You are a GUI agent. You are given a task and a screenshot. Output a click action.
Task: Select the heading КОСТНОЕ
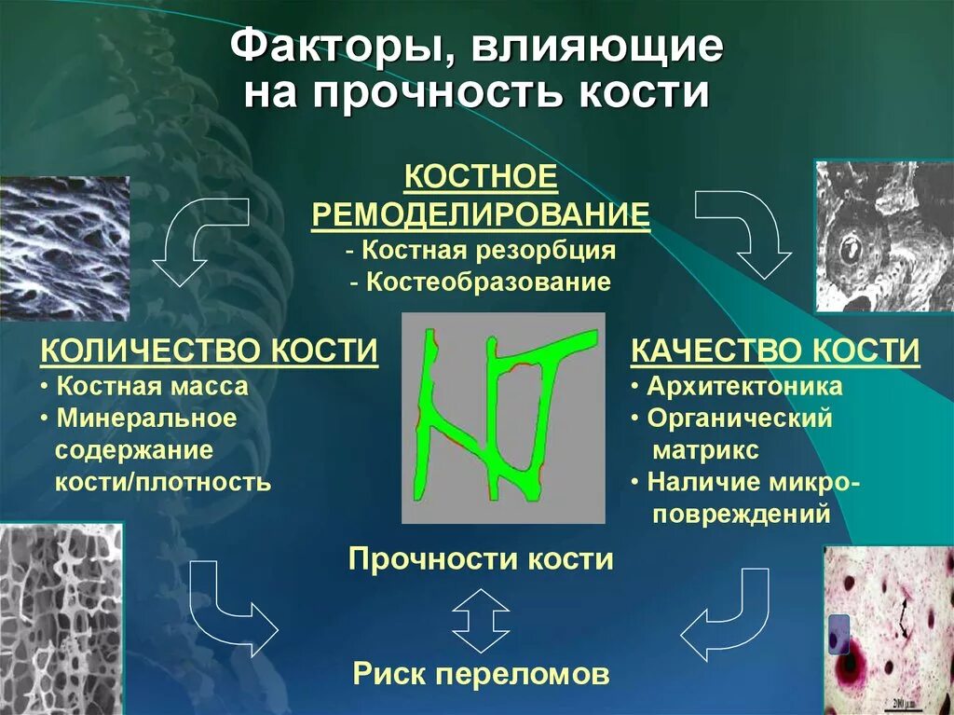click(480, 176)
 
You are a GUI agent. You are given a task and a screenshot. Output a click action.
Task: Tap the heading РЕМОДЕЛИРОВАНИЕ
click(480, 214)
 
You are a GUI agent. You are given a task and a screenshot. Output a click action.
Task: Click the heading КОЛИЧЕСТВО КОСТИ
click(210, 351)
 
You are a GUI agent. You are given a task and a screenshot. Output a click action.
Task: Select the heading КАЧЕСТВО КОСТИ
click(775, 351)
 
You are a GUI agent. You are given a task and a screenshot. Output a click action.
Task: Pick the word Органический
click(740, 419)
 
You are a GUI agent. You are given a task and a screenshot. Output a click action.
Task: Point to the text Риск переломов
click(481, 673)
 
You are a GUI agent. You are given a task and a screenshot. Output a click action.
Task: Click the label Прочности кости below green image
click(481, 559)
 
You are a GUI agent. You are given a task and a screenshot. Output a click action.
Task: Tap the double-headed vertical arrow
click(481, 619)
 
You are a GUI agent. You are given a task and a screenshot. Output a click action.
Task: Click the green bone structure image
click(503, 417)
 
